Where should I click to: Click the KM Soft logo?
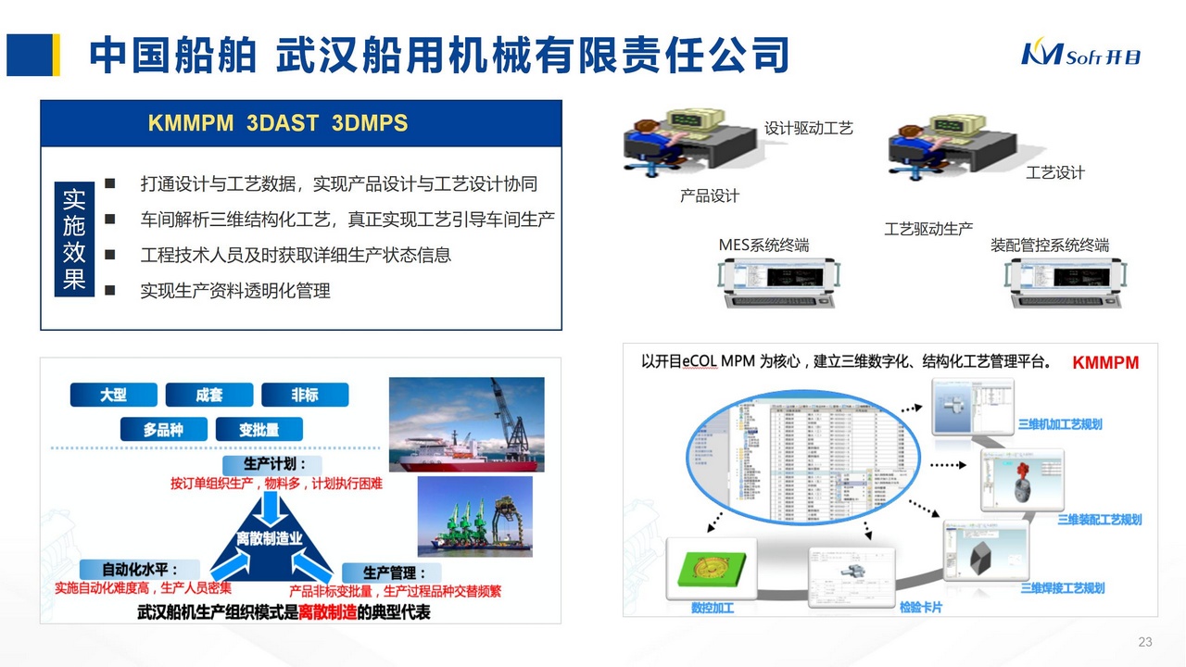(x=1080, y=54)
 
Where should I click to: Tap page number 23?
(x=1144, y=642)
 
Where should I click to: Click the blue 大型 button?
(x=113, y=395)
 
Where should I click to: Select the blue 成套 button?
(x=209, y=395)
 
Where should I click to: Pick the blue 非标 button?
(x=305, y=395)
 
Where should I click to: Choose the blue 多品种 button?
(x=162, y=430)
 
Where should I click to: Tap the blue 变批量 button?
(x=259, y=430)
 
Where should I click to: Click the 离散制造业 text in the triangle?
(x=270, y=538)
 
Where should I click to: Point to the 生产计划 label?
(x=270, y=463)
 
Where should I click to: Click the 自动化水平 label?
(x=129, y=569)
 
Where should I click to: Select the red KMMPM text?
(x=1105, y=363)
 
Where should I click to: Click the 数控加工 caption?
(x=713, y=609)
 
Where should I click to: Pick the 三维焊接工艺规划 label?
(x=1062, y=588)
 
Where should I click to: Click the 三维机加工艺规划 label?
(x=1060, y=424)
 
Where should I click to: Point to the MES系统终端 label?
(x=763, y=245)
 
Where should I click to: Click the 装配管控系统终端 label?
(x=1050, y=245)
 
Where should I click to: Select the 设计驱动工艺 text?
(x=808, y=129)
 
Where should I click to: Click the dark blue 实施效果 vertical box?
(x=74, y=239)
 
